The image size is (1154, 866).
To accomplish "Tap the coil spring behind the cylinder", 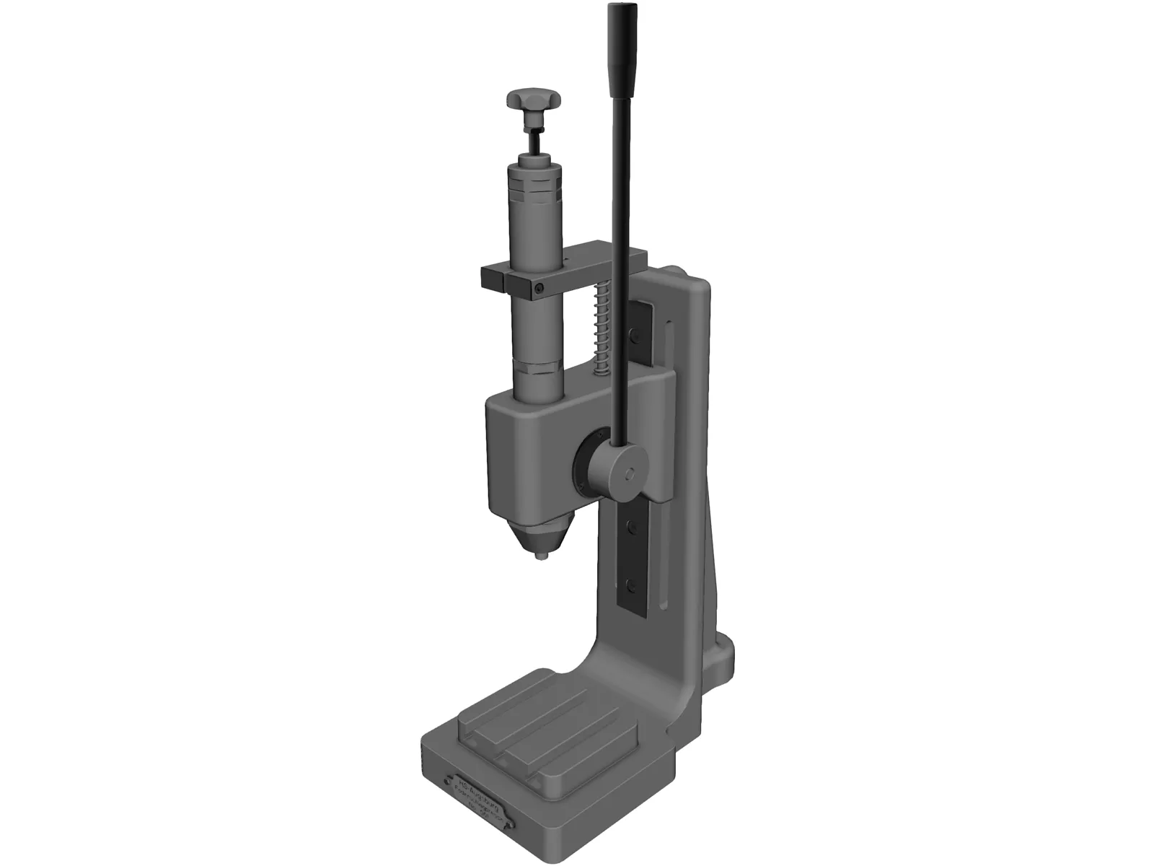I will click(603, 325).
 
